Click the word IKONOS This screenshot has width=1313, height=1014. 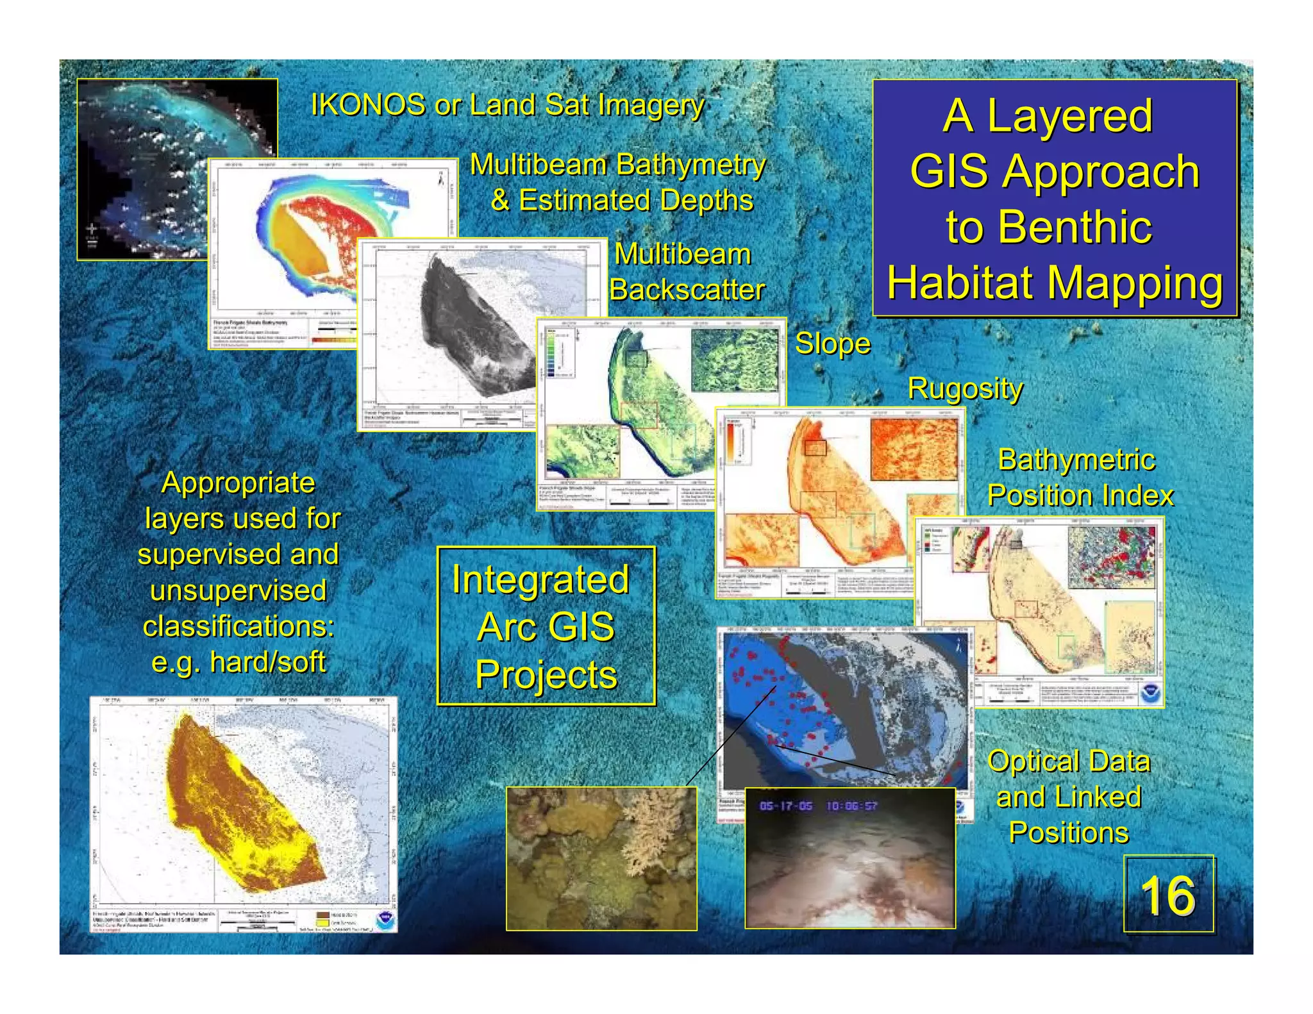(367, 104)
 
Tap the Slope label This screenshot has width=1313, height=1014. (832, 344)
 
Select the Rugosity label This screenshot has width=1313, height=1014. (965, 388)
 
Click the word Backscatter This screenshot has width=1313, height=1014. (687, 290)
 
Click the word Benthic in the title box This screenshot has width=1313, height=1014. (1049, 227)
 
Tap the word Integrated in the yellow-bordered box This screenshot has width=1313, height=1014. (540, 579)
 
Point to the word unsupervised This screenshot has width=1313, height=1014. (238, 590)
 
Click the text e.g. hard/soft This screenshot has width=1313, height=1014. (238, 662)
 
